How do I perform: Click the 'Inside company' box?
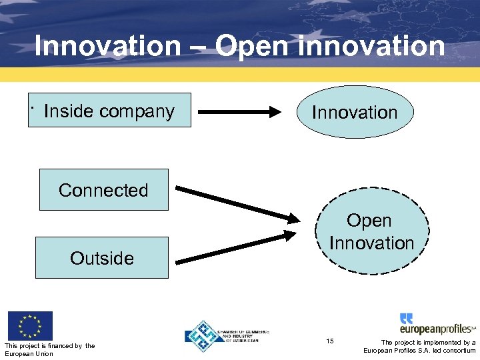tap(113, 110)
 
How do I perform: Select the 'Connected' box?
tap(103, 190)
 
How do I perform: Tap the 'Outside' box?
tap(101, 257)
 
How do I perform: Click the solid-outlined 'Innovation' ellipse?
tap(355, 112)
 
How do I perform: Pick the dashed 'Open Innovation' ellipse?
tap(371, 231)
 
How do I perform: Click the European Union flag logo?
tap(29, 326)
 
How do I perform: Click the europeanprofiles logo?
tap(437, 325)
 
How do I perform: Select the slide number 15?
tap(330, 341)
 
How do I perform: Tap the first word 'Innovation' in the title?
tap(107, 47)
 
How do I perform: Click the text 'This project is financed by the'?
tap(49, 345)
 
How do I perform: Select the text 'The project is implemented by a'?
tap(428, 343)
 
